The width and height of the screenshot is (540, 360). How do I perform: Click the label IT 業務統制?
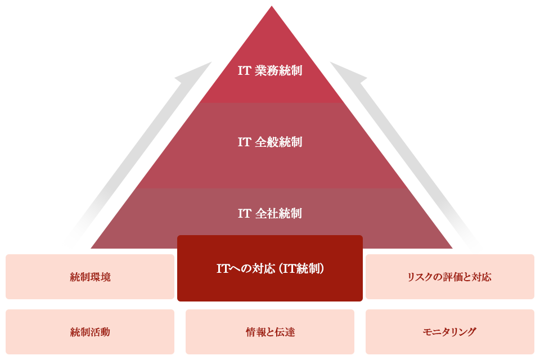pyautogui.click(x=270, y=71)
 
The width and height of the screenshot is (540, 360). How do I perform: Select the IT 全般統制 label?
pyautogui.click(x=270, y=142)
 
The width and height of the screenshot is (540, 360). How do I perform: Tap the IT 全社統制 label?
pyautogui.click(x=270, y=214)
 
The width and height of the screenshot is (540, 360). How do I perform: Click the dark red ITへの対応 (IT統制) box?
pyautogui.click(x=270, y=269)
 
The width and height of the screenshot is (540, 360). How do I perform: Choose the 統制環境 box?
pyautogui.click(x=90, y=277)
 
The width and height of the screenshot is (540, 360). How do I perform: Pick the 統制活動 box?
pyautogui.click(x=90, y=332)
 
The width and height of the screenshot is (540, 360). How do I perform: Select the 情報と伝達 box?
pyautogui.click(x=270, y=332)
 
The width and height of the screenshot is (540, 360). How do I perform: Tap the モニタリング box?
pyautogui.click(x=450, y=332)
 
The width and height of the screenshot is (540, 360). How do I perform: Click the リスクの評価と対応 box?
pyautogui.click(x=450, y=277)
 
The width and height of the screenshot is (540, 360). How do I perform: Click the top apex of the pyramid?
pyautogui.click(x=272, y=7)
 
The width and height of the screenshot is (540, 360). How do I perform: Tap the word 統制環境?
pyautogui.click(x=90, y=277)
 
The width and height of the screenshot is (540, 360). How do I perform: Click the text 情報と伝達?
pyautogui.click(x=270, y=332)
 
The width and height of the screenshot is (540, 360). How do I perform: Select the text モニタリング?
pyautogui.click(x=449, y=332)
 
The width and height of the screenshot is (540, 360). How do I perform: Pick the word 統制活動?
pyautogui.click(x=90, y=332)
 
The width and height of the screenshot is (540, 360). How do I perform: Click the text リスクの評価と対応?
pyautogui.click(x=449, y=277)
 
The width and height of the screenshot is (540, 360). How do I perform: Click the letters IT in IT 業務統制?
pyautogui.click(x=244, y=71)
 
